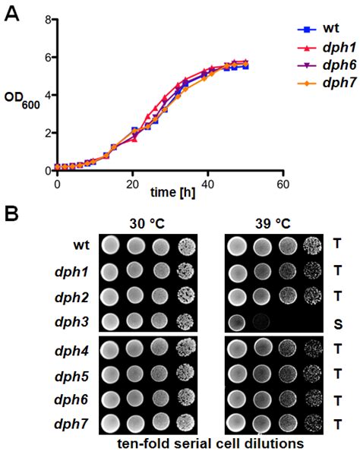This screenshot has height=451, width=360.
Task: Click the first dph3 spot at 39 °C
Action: pyautogui.click(x=238, y=320)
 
